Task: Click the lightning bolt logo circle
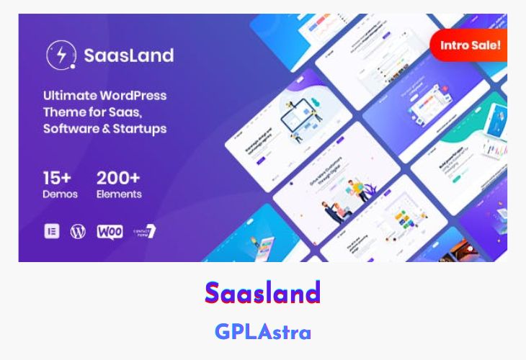(x=57, y=55)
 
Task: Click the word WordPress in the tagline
(x=134, y=96)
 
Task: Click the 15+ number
(x=58, y=177)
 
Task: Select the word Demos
(x=60, y=194)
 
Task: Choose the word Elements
(x=119, y=194)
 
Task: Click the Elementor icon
(x=52, y=232)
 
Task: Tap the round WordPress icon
(x=78, y=232)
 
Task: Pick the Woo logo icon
(x=110, y=232)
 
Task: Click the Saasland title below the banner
(x=262, y=293)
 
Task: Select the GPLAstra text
(x=262, y=332)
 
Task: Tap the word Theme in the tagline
(x=65, y=112)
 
